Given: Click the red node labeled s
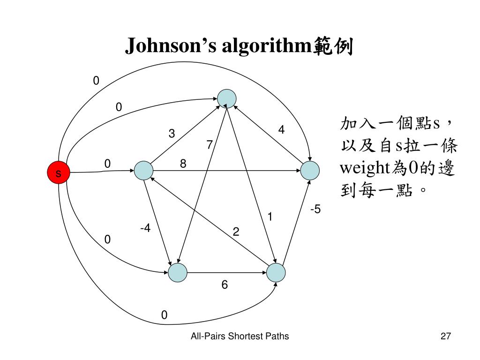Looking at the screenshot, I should click(x=58, y=173).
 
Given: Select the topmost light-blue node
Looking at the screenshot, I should click(x=226, y=98).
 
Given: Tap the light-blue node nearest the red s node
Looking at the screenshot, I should click(x=143, y=171).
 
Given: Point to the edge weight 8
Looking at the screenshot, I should click(x=183, y=164).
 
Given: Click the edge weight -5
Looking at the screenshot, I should click(x=315, y=210).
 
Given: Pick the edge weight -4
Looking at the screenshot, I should click(x=145, y=228).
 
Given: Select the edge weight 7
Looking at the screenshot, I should click(x=209, y=145).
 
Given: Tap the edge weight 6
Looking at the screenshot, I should click(x=225, y=285).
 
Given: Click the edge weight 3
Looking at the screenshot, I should click(x=172, y=134).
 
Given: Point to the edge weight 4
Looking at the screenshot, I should click(x=281, y=130).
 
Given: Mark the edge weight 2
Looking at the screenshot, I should click(x=236, y=232).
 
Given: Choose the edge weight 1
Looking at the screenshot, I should click(x=270, y=217).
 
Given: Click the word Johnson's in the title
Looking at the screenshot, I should click(x=171, y=47).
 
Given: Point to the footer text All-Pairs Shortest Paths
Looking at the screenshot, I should click(x=240, y=336).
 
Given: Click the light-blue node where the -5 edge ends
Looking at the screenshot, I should click(x=310, y=171).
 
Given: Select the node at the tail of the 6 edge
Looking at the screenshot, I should click(x=178, y=272).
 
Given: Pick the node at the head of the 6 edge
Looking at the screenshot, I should click(x=276, y=272).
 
